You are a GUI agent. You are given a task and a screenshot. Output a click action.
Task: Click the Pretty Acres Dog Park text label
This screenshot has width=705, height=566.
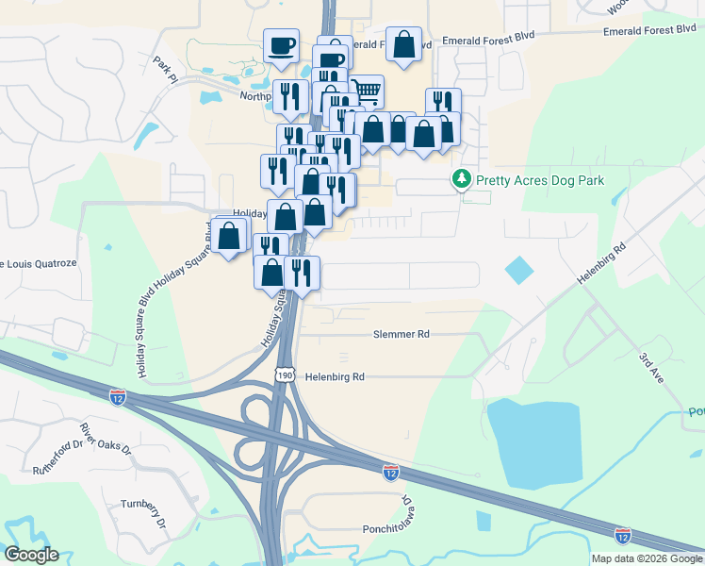pyautogui.click(x=540, y=179)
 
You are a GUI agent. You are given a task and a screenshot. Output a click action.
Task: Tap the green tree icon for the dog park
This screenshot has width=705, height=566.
pyautogui.click(x=462, y=178)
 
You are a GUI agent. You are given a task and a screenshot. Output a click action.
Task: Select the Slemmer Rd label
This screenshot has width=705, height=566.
pyautogui.click(x=401, y=334)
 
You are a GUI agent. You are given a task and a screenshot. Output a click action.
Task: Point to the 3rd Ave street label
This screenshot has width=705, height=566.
pyautogui.click(x=651, y=368)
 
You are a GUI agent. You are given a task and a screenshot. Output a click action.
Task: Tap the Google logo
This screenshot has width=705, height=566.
pyautogui.click(x=31, y=555)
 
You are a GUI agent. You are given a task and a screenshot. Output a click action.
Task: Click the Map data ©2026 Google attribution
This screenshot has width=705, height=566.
pyautogui.click(x=646, y=558)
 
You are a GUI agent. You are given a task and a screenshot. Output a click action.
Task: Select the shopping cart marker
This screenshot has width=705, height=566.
pyautogui.click(x=367, y=92)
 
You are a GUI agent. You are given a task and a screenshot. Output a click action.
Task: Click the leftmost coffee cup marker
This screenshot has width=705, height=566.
pyautogui.click(x=282, y=44)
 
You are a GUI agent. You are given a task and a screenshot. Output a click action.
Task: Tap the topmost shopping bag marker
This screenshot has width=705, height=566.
pyautogui.click(x=403, y=44)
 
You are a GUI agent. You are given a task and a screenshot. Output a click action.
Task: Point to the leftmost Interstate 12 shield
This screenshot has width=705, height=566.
pyautogui.click(x=117, y=396)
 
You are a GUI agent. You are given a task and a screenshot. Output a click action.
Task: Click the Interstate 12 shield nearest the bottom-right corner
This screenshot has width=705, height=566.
pyautogui.click(x=622, y=535)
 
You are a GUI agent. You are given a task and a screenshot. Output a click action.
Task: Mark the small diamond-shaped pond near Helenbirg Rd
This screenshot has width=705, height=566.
pyautogui.click(x=518, y=271)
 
